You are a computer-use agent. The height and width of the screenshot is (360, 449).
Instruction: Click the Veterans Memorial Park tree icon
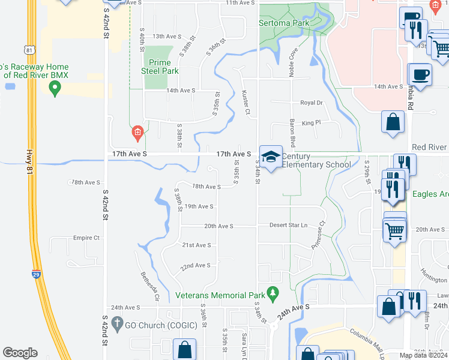(274, 293)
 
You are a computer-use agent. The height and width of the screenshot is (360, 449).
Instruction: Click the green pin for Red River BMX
(55, 89)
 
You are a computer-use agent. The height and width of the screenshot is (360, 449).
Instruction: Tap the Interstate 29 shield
(37, 274)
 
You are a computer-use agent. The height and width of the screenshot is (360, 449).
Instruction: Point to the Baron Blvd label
(293, 134)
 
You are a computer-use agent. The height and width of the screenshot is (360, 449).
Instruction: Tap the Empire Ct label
(86, 238)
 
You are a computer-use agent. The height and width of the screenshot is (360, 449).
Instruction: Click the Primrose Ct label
(318, 235)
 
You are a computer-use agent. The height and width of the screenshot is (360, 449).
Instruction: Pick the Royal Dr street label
(312, 103)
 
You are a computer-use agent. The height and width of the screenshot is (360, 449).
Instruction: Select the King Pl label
(312, 122)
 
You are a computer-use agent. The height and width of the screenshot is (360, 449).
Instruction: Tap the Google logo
(20, 353)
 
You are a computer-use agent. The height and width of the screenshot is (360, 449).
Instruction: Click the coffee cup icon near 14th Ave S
(420, 75)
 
